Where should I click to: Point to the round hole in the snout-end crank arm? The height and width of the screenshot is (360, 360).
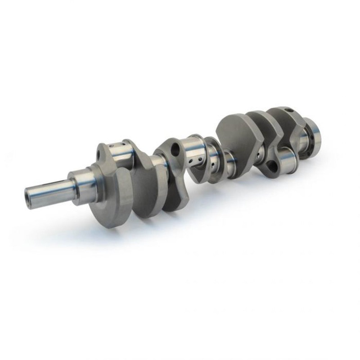pos(99,156)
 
